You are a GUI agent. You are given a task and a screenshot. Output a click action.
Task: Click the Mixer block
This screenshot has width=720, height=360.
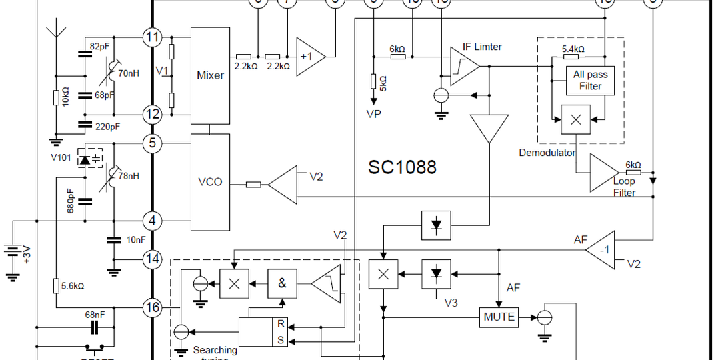(210, 75)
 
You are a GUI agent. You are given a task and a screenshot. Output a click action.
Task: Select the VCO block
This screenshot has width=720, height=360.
(210, 182)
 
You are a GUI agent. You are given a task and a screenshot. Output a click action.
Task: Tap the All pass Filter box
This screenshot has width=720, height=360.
(590, 81)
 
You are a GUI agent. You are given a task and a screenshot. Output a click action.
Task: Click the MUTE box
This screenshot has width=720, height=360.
(499, 317)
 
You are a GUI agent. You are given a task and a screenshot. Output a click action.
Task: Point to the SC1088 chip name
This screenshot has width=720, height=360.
(402, 167)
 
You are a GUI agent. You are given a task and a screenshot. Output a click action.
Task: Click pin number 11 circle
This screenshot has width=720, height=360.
(153, 37)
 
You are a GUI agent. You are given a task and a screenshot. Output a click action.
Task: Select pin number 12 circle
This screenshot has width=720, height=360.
(153, 114)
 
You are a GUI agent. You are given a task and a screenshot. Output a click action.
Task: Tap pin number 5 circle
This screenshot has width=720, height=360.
(153, 143)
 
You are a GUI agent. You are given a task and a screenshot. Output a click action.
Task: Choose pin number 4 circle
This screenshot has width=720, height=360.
(153, 221)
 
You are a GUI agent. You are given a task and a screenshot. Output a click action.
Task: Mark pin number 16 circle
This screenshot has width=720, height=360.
(153, 307)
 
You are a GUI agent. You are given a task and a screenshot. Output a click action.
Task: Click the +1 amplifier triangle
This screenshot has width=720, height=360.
(309, 56)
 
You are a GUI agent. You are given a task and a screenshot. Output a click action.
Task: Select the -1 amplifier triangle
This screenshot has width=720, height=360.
(602, 251)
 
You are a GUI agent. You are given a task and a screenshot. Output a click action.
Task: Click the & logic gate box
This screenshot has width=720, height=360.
(283, 283)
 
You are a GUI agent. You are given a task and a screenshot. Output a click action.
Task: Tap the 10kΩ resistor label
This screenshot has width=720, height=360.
(65, 97)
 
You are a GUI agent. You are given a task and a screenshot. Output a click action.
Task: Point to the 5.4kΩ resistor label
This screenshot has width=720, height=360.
(573, 49)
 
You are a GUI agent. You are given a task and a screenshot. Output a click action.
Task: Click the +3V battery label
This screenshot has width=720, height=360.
(27, 255)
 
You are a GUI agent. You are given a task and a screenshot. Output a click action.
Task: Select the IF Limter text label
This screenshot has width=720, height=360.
(482, 47)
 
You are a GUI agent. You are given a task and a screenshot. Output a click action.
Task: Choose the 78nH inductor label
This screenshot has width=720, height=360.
(128, 177)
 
